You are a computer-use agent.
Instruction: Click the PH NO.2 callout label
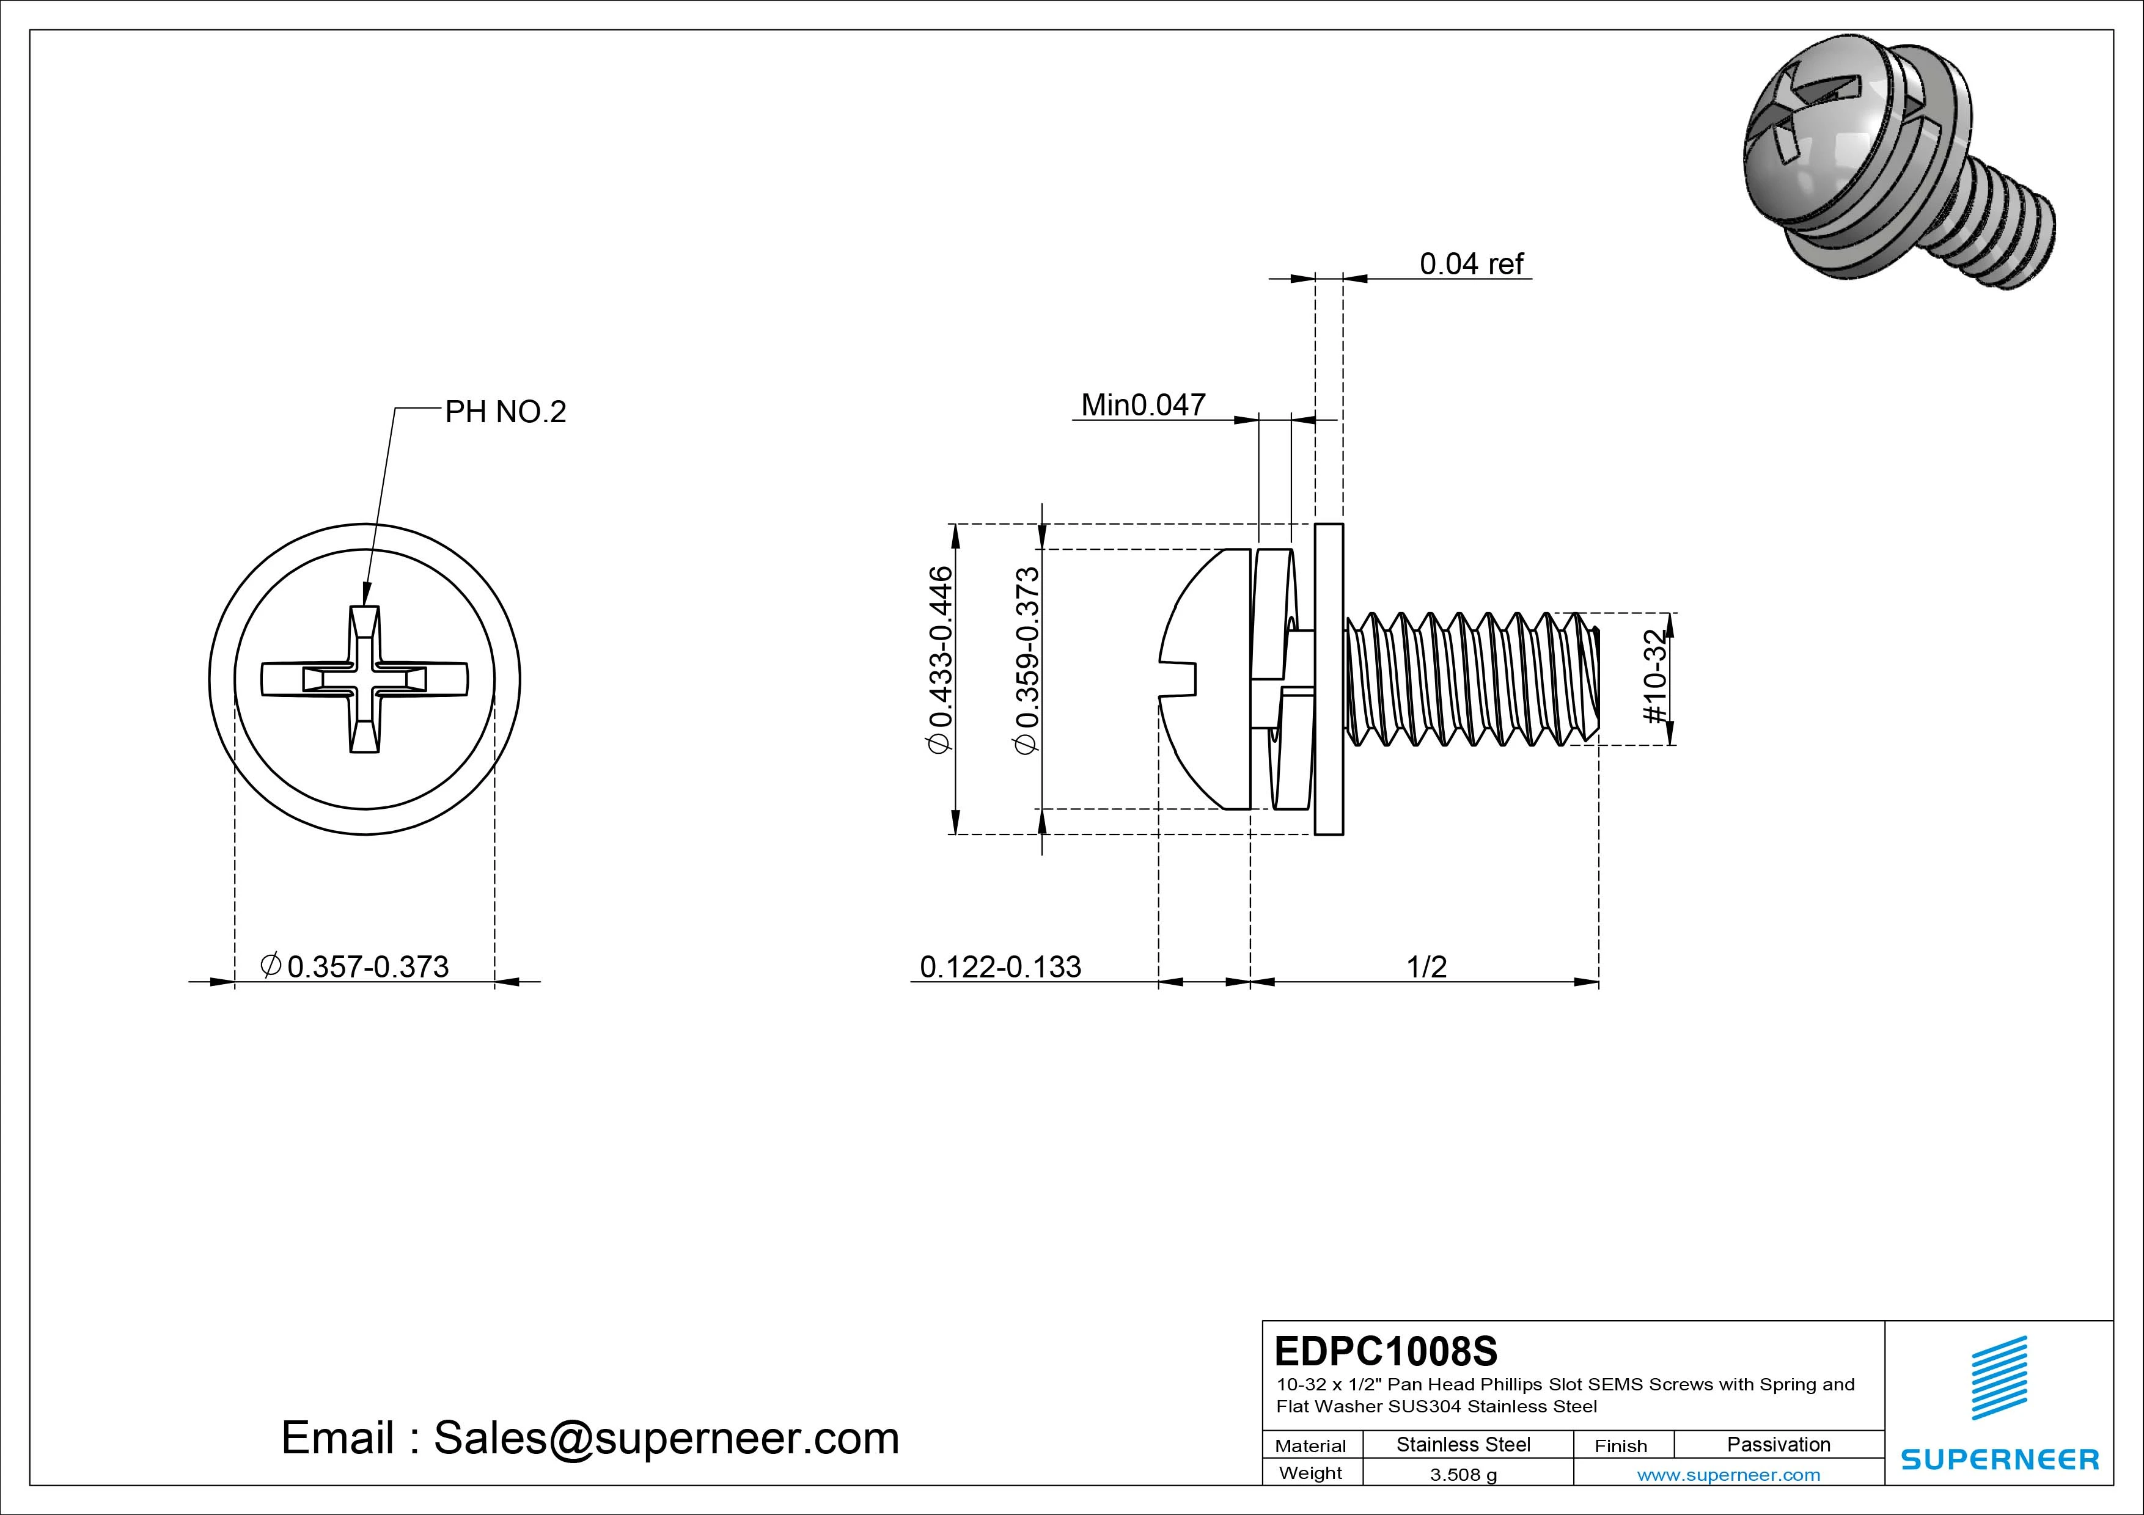click(x=505, y=412)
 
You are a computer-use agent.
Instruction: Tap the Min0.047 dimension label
click(x=1142, y=405)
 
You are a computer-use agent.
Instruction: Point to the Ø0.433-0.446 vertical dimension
click(x=939, y=660)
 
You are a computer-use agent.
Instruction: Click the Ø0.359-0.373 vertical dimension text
click(x=1026, y=660)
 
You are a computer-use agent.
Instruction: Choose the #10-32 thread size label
click(x=1654, y=677)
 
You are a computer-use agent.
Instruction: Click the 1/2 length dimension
click(x=1426, y=967)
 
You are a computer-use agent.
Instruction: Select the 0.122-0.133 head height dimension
click(x=1000, y=967)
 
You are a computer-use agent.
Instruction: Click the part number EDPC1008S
click(x=1386, y=1351)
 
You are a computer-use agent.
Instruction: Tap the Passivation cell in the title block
click(x=1778, y=1444)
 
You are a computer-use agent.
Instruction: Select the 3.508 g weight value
click(x=1463, y=1475)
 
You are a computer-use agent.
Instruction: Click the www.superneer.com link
click(x=1728, y=1475)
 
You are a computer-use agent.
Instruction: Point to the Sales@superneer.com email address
click(x=666, y=1439)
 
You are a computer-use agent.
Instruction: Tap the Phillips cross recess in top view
click(x=364, y=679)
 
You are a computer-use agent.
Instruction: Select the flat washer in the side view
click(x=1329, y=679)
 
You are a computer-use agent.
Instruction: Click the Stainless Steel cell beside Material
click(x=1463, y=1444)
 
